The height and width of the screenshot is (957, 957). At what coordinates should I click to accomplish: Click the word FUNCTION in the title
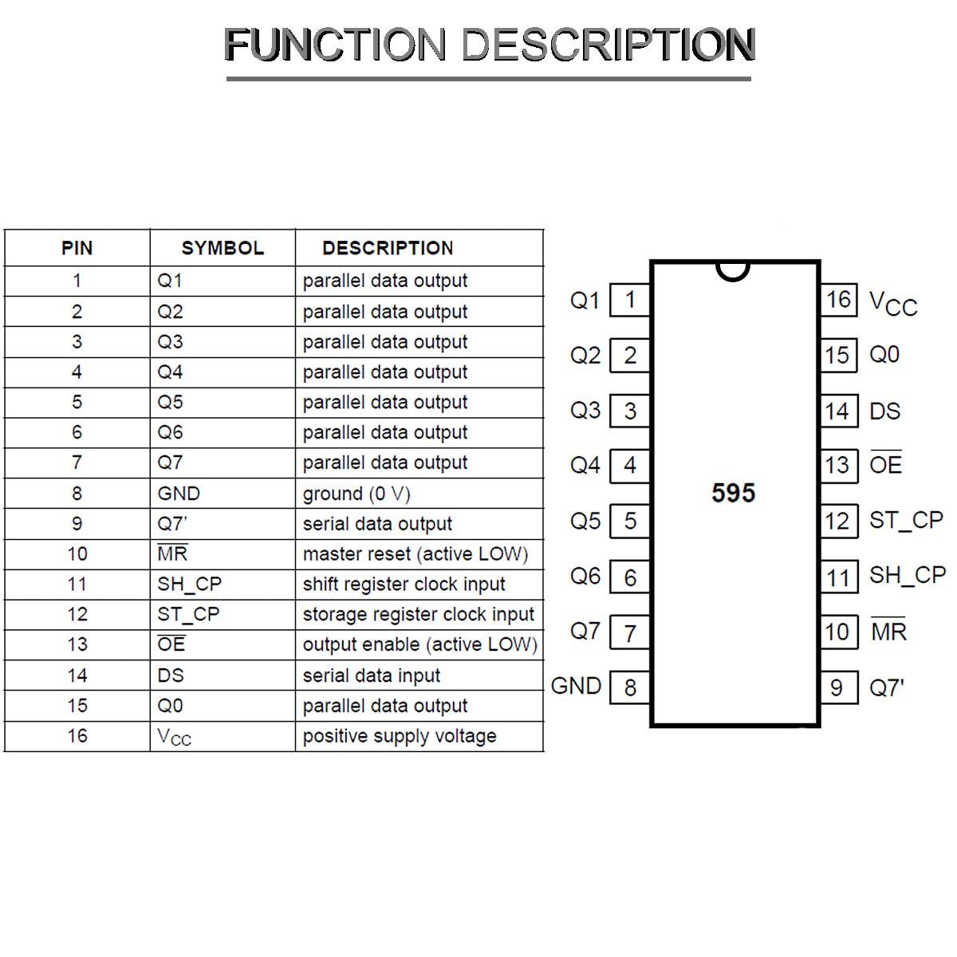coord(335,45)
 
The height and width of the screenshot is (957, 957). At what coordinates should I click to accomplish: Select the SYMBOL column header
coord(223,248)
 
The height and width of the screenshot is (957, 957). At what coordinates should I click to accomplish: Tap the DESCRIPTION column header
coord(388,248)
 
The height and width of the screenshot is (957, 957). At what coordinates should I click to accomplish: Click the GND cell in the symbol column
coord(179,493)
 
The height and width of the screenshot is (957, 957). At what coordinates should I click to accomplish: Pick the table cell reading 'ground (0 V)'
coord(356,494)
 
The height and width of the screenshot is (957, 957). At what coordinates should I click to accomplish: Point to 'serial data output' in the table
coord(377,523)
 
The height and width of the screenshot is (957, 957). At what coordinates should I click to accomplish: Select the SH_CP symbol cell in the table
coord(189,584)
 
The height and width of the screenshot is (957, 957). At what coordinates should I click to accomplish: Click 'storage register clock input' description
coord(418,614)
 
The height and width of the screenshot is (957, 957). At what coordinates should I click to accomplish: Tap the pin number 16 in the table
coord(77,735)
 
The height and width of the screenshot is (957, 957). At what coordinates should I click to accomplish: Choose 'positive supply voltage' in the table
coord(400,735)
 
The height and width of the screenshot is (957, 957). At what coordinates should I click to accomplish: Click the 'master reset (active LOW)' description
coord(415,553)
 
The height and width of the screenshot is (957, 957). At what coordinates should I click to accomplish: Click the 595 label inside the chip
coord(733,493)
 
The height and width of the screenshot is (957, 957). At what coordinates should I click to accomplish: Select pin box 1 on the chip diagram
coord(630,300)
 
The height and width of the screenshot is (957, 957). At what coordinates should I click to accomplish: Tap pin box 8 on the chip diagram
coord(630,687)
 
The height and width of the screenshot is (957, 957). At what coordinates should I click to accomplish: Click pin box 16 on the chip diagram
coord(838,300)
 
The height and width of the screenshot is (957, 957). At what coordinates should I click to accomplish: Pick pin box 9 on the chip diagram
coord(838,687)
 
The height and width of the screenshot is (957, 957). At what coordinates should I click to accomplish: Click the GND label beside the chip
coord(576,687)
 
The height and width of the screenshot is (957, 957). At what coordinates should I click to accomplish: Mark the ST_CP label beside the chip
coord(906,521)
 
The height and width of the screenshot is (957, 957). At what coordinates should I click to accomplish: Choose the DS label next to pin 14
coord(885,412)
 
